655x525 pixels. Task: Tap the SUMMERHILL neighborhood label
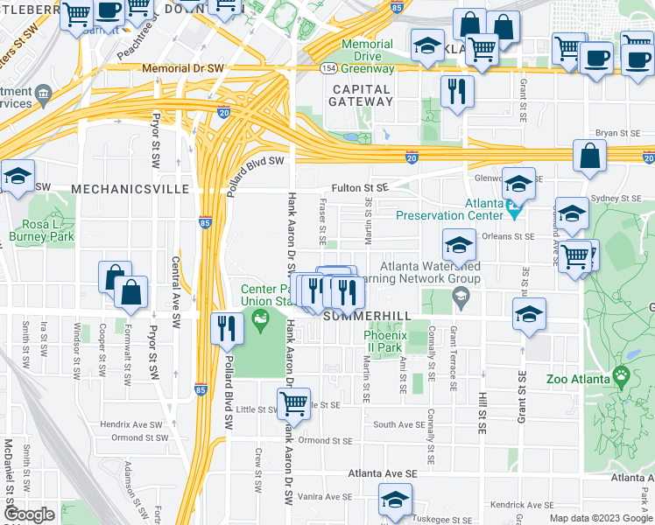pyautogui.click(x=367, y=316)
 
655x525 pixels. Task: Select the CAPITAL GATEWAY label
pyautogui.click(x=361, y=94)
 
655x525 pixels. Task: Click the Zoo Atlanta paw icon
pyautogui.click(x=622, y=376)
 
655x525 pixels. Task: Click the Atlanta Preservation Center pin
pyautogui.click(x=515, y=211)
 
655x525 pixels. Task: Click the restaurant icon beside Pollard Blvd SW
pyautogui.click(x=227, y=328)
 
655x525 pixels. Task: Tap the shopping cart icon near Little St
pyautogui.click(x=293, y=403)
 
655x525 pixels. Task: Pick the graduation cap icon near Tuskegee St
pyautogui.click(x=395, y=500)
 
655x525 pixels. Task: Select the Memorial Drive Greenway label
pyautogui.click(x=367, y=56)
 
